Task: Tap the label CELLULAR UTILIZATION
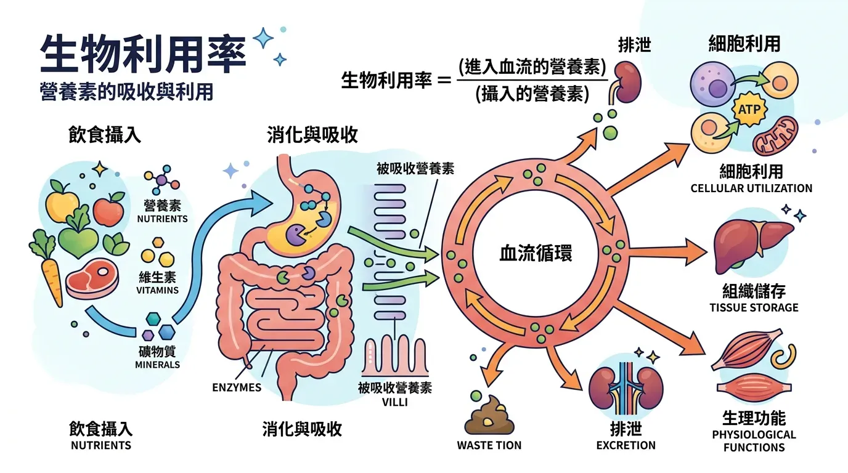[x=751, y=188]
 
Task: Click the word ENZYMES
[x=237, y=387]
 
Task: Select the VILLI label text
[x=394, y=403]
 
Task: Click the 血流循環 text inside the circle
[x=535, y=253]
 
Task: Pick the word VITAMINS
[x=158, y=290]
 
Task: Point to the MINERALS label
[x=157, y=365]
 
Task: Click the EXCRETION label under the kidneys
[x=626, y=445]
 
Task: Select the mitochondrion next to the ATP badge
[x=776, y=136]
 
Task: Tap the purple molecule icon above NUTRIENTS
[x=161, y=180]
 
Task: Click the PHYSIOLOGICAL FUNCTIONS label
[x=754, y=441]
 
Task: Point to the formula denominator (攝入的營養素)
[x=532, y=95]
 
